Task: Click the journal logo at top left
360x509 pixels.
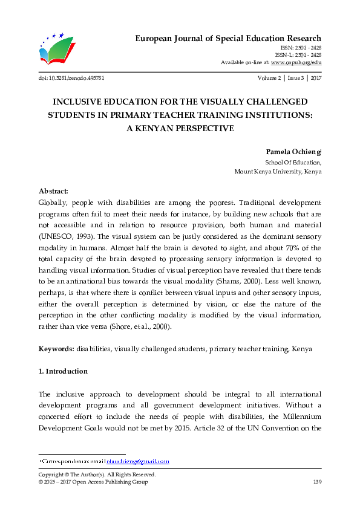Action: [x=56, y=49]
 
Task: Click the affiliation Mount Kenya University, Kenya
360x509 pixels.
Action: [x=278, y=172]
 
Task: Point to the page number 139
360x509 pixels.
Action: [x=316, y=482]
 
